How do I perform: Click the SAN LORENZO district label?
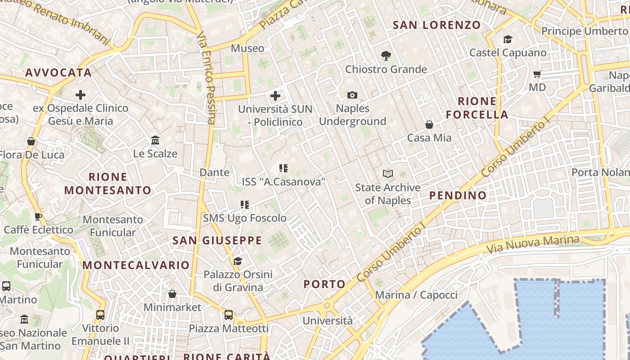point(437,25)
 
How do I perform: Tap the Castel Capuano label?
point(508,53)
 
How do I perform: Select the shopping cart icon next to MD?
point(537,74)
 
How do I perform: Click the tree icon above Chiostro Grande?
point(386,56)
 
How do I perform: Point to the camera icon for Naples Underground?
point(352,95)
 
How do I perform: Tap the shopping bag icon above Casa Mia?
point(429,125)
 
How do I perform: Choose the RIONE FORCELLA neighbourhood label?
point(477,108)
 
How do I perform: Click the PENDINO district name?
point(458,195)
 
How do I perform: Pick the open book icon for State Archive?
point(387,174)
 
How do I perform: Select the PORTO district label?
point(324,284)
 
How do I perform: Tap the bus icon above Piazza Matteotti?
point(229,315)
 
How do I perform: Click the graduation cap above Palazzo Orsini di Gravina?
point(238,261)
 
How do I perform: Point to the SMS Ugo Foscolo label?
point(244,218)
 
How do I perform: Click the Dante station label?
point(214,172)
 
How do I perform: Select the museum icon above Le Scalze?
point(155,140)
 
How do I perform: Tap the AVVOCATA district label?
point(58,72)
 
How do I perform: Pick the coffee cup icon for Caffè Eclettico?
point(38,216)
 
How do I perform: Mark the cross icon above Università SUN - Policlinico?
point(275,96)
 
